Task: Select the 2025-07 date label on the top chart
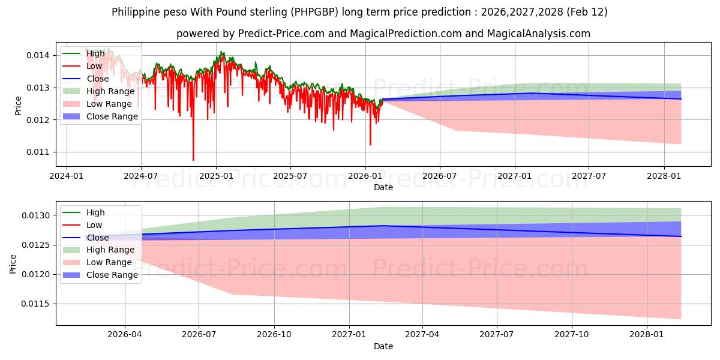(290, 176)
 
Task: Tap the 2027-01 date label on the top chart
(515, 176)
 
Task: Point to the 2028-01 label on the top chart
(664, 176)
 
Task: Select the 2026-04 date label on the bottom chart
(125, 335)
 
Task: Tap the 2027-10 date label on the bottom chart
(572, 335)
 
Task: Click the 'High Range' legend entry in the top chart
(111, 91)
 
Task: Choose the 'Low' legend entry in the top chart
(95, 66)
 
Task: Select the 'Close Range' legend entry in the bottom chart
(112, 275)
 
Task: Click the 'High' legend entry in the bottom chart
(95, 212)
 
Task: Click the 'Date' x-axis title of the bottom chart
(383, 346)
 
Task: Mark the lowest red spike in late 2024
(193, 160)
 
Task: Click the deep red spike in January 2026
(370, 144)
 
